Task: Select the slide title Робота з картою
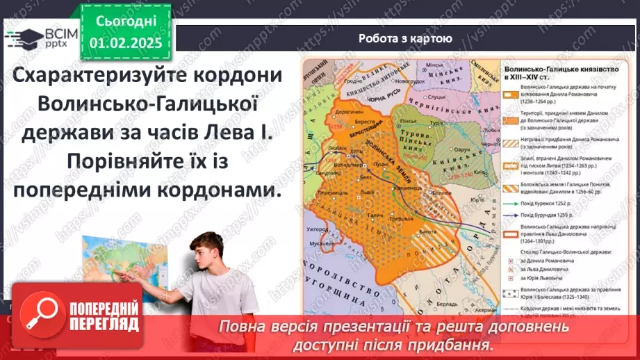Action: pos(405,39)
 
